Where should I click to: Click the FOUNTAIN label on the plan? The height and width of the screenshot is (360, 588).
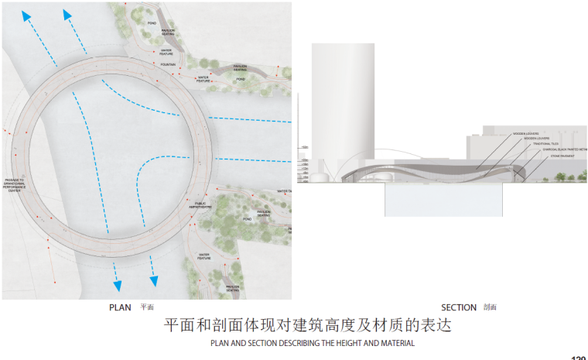[x=169, y=64]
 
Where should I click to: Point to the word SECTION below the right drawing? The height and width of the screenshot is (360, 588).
[x=459, y=307]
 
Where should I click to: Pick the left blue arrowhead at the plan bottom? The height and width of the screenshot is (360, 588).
[x=117, y=285]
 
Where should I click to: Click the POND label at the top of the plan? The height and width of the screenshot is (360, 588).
[x=152, y=24]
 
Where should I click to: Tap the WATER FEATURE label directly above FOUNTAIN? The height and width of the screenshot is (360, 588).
[x=166, y=52]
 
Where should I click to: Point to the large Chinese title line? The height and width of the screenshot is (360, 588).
[x=308, y=325]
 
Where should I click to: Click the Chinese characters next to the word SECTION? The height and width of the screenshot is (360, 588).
[x=490, y=307]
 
